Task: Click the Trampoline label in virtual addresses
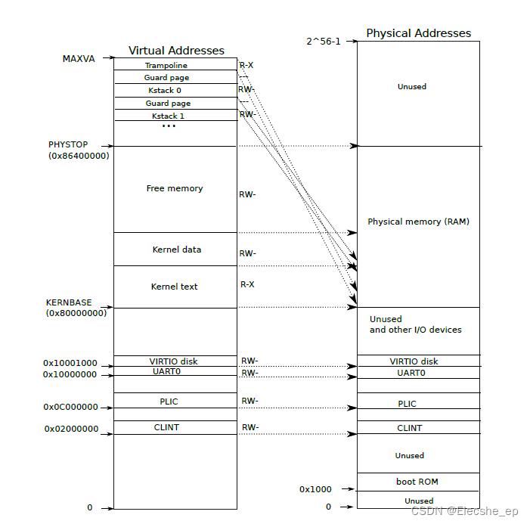coord(166,65)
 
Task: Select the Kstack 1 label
coord(168,116)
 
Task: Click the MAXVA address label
coord(79,58)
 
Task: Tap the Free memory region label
coord(175,188)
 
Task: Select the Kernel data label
coord(177,250)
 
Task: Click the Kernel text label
coord(175,287)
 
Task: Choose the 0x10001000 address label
coord(70,363)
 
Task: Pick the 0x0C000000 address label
coord(70,407)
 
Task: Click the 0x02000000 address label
coord(70,429)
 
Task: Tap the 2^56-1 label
coord(323,42)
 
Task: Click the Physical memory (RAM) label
coord(418,222)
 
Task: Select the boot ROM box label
coord(417,482)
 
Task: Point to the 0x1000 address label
coord(315,489)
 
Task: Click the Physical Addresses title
coord(418,33)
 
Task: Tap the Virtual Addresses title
coord(176,51)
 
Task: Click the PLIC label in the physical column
coord(407,404)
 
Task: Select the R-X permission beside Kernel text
coord(247,284)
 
